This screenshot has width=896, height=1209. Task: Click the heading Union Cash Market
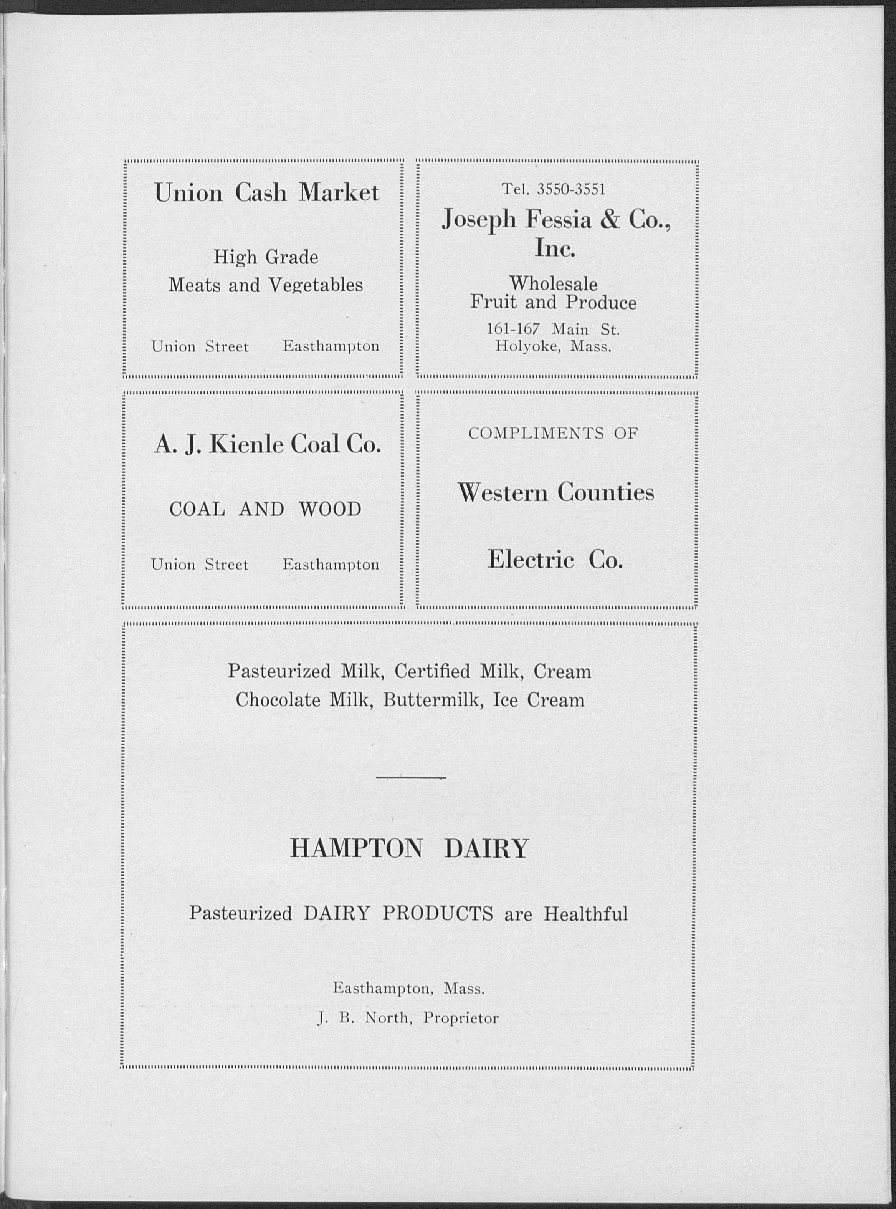(266, 193)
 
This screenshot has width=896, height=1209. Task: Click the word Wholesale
(553, 283)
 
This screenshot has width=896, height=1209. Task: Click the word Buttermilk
(432, 700)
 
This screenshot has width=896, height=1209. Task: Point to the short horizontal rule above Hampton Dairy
(411, 778)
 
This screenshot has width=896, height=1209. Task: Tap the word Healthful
(586, 914)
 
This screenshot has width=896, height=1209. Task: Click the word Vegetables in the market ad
(316, 285)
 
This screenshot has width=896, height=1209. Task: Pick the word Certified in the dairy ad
(432, 671)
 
